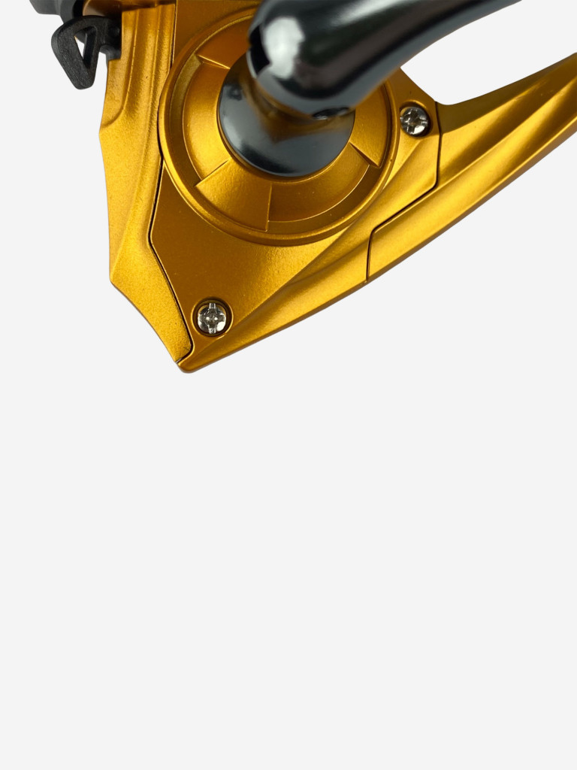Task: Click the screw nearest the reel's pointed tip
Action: click(x=212, y=317)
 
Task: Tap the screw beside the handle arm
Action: click(x=414, y=120)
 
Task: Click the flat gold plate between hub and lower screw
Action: click(x=248, y=263)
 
